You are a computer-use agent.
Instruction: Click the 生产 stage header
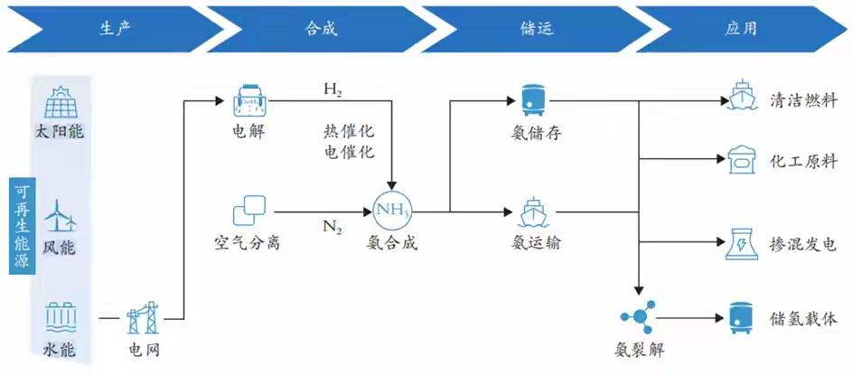tap(116, 27)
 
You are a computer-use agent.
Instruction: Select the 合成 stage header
tap(322, 27)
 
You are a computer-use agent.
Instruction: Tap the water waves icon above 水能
tap(61, 317)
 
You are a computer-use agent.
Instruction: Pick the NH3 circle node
tap(392, 211)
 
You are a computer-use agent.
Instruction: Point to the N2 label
tap(333, 226)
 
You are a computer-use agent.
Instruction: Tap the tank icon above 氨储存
tap(529, 100)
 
